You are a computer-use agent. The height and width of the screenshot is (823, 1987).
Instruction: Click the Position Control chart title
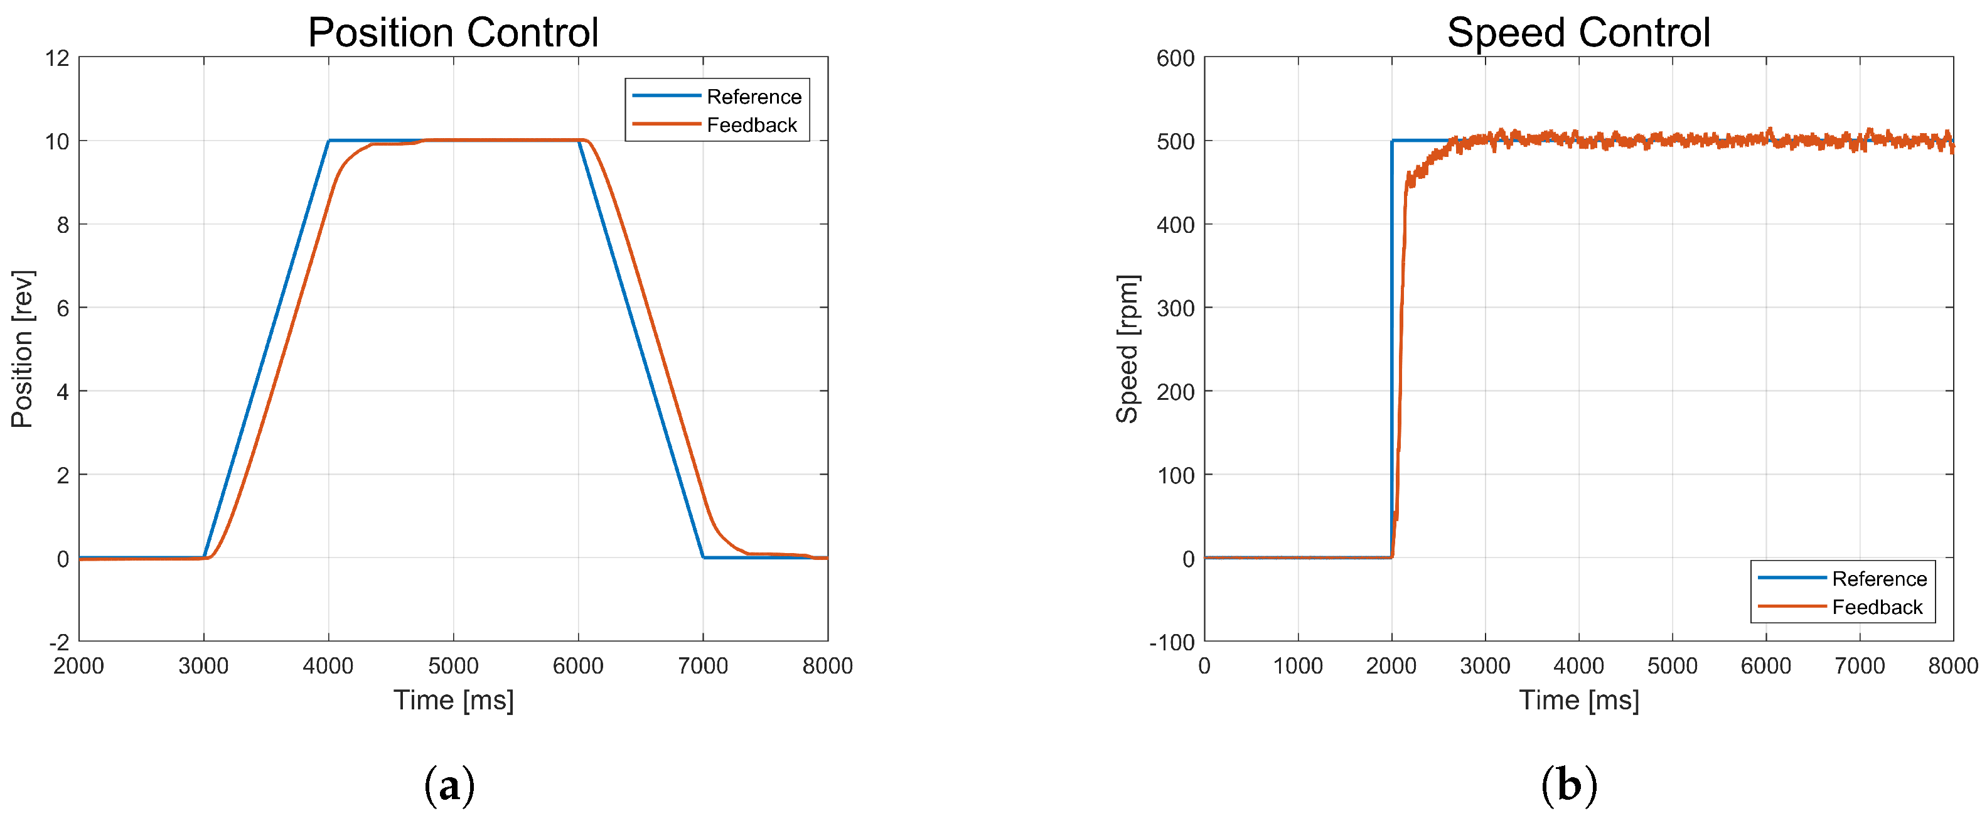(x=453, y=33)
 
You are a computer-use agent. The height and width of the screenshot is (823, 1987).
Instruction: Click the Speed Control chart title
(x=1578, y=33)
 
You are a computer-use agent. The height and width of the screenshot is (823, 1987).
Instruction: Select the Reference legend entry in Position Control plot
(x=753, y=97)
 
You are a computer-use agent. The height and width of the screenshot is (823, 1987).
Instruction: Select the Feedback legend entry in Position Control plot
(x=751, y=125)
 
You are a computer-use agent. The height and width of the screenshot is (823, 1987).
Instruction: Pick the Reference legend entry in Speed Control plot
(x=1878, y=579)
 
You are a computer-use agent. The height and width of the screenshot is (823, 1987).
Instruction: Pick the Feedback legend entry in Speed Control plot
(x=1876, y=607)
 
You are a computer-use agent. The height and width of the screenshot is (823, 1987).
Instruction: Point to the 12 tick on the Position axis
(x=57, y=58)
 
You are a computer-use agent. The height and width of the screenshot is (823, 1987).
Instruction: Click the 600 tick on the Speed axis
(x=1175, y=58)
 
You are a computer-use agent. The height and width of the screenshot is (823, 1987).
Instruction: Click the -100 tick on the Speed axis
(x=1171, y=642)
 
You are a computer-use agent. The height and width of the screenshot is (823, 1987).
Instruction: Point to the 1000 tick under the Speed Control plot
(x=1297, y=665)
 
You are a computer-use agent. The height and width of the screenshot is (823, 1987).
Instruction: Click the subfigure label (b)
(x=1569, y=785)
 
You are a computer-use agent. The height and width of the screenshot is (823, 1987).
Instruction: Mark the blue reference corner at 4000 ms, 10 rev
(x=329, y=141)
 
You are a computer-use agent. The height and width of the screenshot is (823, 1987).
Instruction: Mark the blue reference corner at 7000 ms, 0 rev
(x=703, y=557)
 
